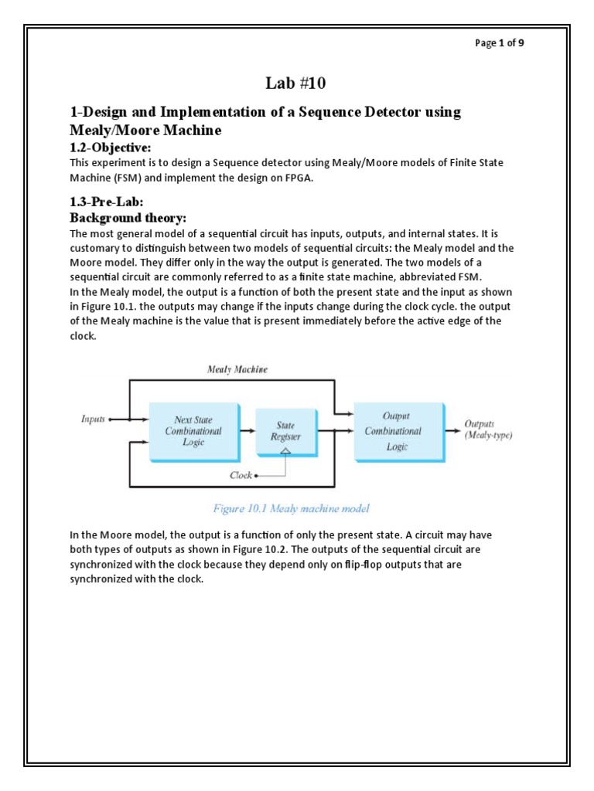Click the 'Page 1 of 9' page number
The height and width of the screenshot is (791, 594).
coord(500,43)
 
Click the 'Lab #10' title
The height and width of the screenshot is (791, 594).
coord(296,83)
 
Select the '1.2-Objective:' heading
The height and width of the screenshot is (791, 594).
coord(111,148)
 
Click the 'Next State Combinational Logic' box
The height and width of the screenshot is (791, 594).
coord(193,431)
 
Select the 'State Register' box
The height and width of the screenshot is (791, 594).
coord(285,431)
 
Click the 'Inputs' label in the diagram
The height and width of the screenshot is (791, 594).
coord(94,419)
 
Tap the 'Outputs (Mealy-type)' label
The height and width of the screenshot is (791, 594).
coord(488,429)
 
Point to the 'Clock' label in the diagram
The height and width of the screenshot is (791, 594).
coord(241,475)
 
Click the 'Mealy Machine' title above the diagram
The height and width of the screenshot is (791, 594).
coord(237,369)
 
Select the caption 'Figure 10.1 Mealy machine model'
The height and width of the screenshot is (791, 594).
coord(291,508)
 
